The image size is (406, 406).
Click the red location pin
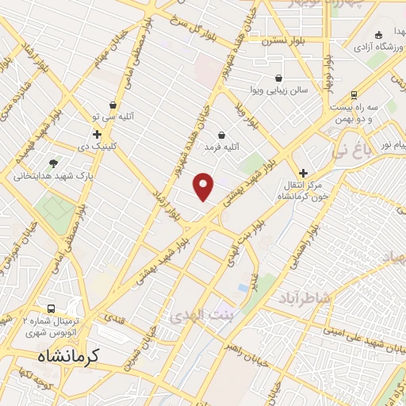[x=205, y=186]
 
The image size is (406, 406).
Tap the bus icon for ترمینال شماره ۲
[x=52, y=308]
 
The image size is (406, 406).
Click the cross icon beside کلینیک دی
[x=98, y=135]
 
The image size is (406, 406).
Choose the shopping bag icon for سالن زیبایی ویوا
[x=278, y=79]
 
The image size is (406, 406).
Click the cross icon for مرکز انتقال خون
[x=303, y=172]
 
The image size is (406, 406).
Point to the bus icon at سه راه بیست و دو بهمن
[x=354, y=94]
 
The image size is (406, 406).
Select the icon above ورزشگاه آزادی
[x=379, y=34]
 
